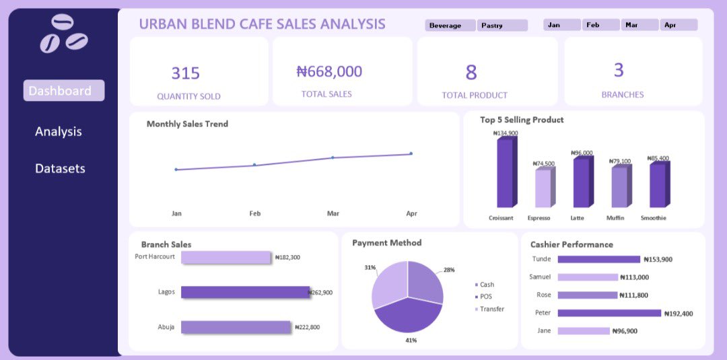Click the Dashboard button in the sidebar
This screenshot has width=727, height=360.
point(63,91)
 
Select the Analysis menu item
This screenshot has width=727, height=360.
point(59,131)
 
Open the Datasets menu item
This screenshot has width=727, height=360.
point(60,168)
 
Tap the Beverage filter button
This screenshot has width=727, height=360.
point(450,26)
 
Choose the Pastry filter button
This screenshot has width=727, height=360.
point(502,26)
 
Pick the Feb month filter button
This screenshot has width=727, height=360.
point(600,25)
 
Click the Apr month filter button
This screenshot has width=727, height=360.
point(679,25)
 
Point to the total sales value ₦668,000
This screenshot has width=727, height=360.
point(329,71)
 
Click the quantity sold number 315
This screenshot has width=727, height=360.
point(185,73)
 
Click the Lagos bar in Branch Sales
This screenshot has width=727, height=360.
point(245,292)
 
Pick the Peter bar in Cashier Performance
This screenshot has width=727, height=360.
point(609,313)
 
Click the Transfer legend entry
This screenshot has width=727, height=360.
point(491,309)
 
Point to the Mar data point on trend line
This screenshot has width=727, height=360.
point(333,157)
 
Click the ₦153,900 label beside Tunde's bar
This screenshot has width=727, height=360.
point(658,259)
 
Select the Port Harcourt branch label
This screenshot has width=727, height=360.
point(155,256)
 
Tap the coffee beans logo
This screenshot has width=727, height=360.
point(63,34)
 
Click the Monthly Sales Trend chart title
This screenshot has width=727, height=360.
point(187,124)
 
